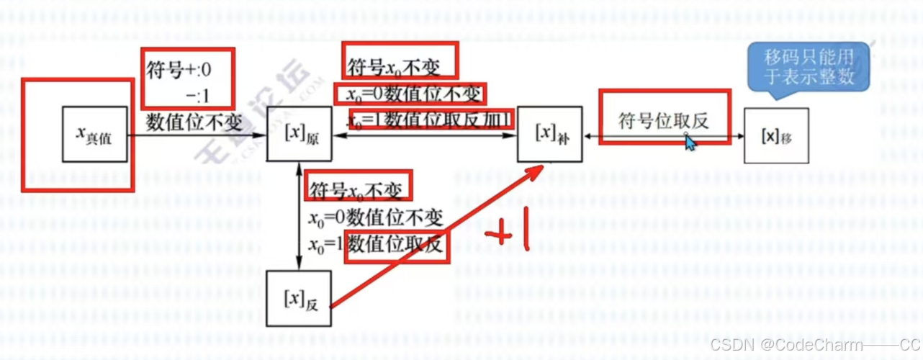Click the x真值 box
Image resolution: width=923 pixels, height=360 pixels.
94,135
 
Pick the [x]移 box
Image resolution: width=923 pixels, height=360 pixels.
775,135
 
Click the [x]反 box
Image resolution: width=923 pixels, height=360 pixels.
299,298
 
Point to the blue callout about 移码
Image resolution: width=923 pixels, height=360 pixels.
808,66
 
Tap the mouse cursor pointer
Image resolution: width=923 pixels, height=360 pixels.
690,142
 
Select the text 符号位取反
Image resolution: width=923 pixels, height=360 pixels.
663,120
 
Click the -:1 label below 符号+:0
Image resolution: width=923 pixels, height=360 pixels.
197,94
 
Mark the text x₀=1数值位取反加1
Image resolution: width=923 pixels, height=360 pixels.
430,119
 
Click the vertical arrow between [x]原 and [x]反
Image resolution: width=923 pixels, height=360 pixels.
299,216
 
